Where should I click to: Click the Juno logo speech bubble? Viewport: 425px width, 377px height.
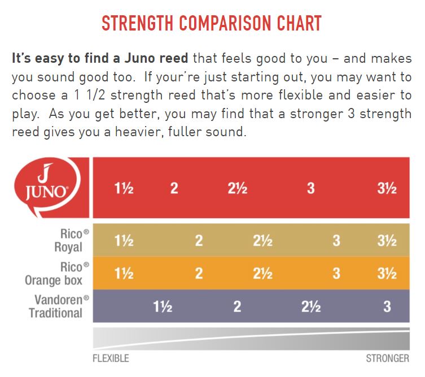(48, 187)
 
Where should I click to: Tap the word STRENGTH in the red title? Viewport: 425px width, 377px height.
(137, 23)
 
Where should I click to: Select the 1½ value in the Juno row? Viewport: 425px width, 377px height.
(124, 188)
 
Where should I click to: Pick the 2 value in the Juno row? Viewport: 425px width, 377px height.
(174, 188)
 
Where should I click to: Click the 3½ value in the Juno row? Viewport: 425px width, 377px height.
(387, 188)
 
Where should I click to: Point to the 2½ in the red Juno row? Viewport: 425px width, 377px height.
(238, 188)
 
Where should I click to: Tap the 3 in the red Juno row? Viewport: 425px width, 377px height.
(311, 188)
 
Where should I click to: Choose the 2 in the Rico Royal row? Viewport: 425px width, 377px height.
(199, 241)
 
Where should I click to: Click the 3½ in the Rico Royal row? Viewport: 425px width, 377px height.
(387, 241)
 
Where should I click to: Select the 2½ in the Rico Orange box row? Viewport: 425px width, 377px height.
(262, 274)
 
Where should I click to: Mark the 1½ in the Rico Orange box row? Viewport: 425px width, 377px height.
(124, 274)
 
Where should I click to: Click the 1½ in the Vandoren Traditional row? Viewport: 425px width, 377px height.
(163, 307)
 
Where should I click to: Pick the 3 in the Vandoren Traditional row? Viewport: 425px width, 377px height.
(387, 307)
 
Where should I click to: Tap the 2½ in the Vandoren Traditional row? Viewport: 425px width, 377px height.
(311, 307)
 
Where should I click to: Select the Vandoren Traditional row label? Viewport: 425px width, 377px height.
(59, 306)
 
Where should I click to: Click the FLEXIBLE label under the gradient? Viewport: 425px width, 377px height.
(111, 358)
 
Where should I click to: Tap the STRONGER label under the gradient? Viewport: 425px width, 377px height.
(388, 358)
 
